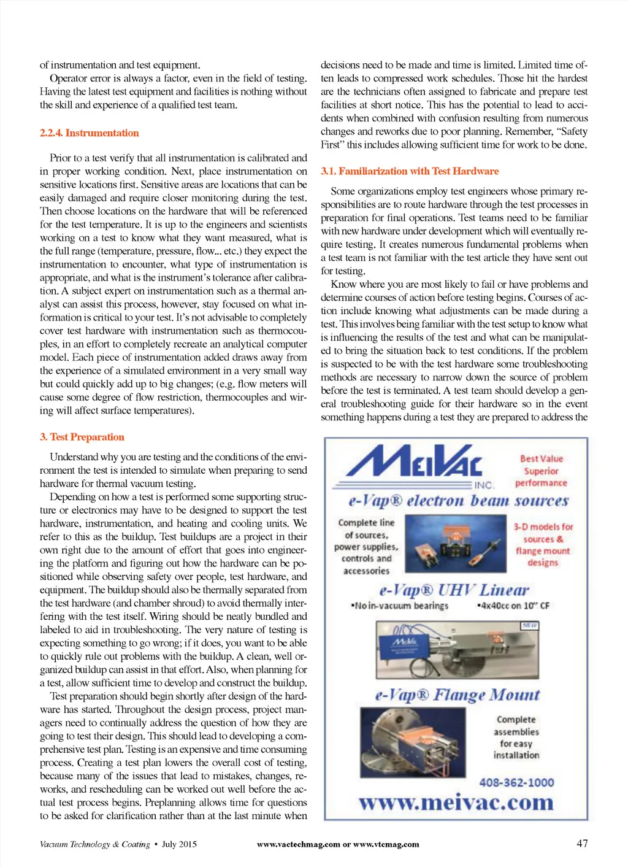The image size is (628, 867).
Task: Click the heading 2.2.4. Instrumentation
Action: point(89,133)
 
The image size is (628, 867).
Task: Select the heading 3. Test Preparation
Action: point(82,437)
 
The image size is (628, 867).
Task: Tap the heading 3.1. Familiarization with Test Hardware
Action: point(409,171)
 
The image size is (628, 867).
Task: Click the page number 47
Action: point(582,843)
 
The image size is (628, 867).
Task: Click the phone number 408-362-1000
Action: point(516,782)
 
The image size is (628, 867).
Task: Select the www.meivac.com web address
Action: point(456,803)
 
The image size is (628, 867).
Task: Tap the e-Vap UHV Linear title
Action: point(454,590)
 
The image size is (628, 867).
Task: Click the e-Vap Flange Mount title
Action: point(457,695)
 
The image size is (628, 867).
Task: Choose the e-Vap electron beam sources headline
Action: point(458,501)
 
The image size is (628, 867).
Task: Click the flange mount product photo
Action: point(413,742)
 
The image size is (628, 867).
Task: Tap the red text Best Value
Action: point(541,458)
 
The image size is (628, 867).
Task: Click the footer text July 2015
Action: point(179,844)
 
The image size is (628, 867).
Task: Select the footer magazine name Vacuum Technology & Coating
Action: point(94,844)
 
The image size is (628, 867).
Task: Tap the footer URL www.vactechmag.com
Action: point(298,844)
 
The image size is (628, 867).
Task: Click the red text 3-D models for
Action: point(543,526)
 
